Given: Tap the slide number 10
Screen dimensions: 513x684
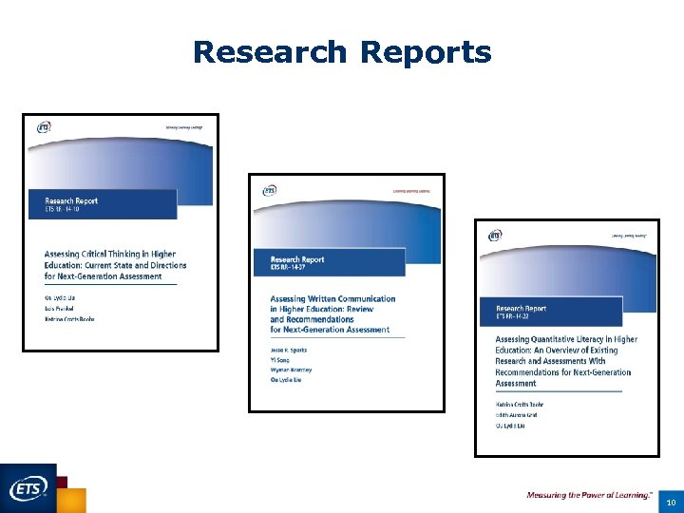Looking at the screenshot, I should coord(670,501).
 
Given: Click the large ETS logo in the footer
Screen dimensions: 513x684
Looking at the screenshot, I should coord(28,488).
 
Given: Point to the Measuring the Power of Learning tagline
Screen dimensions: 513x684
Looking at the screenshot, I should coord(589,495).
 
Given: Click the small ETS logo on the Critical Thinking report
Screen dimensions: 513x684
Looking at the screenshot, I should coord(44,128).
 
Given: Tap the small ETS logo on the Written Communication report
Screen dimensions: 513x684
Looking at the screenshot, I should coord(270,190).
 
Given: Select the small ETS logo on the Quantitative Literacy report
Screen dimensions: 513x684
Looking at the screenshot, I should coord(495,235).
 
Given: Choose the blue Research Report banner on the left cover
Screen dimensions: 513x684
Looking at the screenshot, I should coord(101,204).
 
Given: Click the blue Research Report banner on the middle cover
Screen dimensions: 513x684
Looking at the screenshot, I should coord(327,262).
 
